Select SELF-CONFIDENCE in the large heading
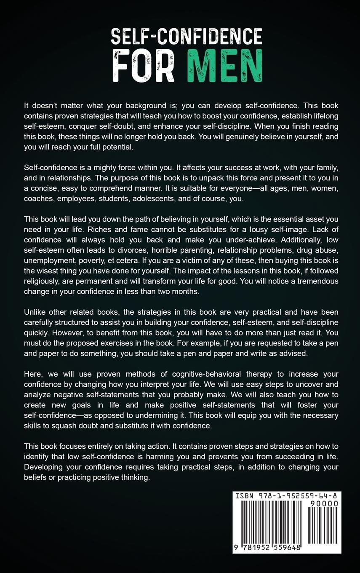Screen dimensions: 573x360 [187, 37]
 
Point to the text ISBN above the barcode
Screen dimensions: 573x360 [245, 496]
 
